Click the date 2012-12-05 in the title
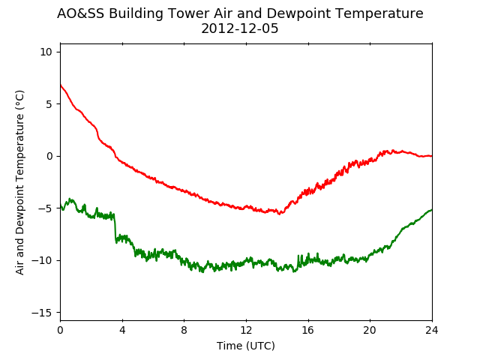(x=240, y=29)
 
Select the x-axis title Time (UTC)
(x=246, y=346)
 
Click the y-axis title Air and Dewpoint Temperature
(x=20, y=181)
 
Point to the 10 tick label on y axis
(x=46, y=52)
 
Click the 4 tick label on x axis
(x=122, y=329)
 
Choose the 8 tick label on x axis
(x=184, y=329)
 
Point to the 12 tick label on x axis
(x=246, y=329)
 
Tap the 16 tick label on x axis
(x=308, y=329)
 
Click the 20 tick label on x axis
(x=370, y=329)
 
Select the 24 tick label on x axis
(x=432, y=329)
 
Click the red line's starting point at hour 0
(x=60, y=85)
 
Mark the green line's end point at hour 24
(x=432, y=210)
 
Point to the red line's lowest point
(x=280, y=214)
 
